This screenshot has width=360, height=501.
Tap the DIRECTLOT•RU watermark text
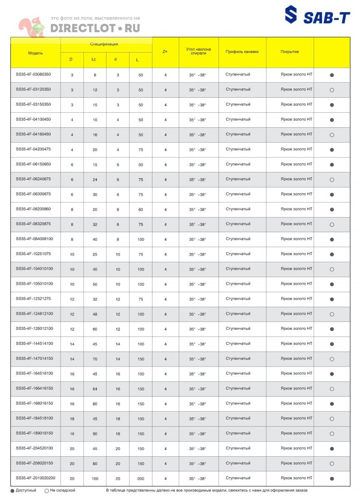[95, 28]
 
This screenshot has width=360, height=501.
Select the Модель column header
[35, 53]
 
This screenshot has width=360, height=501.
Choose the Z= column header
[165, 52]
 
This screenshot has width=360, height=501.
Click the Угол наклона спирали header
[198, 51]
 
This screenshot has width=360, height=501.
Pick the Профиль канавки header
[242, 52]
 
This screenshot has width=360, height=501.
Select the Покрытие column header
[289, 52]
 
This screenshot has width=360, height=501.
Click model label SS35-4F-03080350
[33, 74]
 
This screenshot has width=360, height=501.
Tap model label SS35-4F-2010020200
[35, 478]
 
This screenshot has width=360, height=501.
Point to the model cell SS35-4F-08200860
[33, 209]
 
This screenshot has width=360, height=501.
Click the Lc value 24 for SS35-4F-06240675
[95, 180]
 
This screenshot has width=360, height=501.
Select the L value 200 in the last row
[141, 478]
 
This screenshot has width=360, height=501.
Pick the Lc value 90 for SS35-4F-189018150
[95, 434]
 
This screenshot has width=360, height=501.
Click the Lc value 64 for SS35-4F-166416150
[95, 389]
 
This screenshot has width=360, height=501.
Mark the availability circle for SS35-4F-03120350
[332, 90]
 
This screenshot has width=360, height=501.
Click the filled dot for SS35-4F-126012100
[332, 329]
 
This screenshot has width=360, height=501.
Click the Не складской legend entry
[60, 491]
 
